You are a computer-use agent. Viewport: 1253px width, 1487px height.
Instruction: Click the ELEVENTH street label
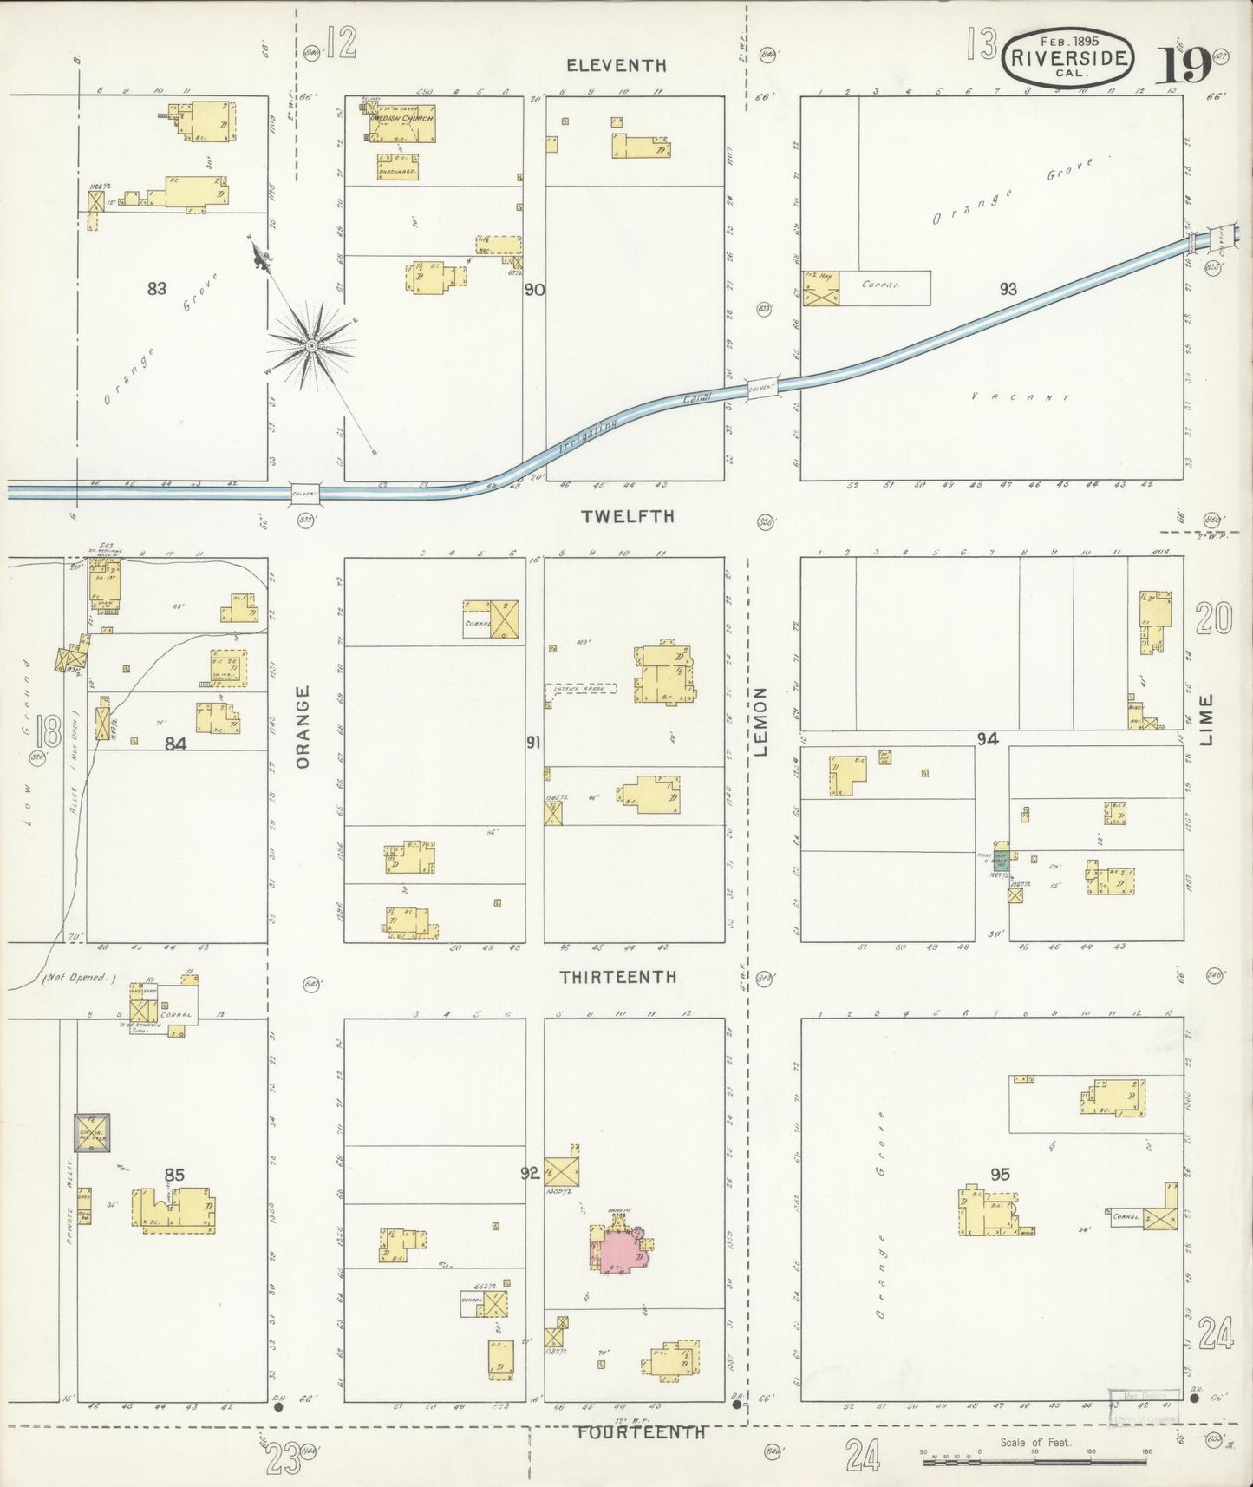pos(616,65)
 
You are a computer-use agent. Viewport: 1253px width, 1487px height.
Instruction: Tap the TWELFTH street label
pos(628,516)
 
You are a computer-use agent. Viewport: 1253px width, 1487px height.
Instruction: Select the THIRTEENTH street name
pos(617,977)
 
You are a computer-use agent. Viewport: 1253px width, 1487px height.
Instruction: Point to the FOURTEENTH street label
pos(642,1432)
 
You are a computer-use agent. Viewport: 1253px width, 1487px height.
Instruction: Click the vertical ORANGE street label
pos(303,726)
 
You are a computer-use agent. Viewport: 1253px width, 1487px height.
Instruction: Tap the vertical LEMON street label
pos(761,722)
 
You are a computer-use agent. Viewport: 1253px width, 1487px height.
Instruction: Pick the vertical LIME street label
pos(1209,720)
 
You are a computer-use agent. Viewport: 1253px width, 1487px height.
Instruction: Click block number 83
pos(157,289)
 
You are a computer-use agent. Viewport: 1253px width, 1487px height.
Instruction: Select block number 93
pos(1008,289)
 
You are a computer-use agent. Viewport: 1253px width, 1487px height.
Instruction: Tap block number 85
pos(174,1175)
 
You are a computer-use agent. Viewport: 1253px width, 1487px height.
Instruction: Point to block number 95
pos(1001,1175)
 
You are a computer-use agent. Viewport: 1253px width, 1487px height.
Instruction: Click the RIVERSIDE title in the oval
pos(1067,59)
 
